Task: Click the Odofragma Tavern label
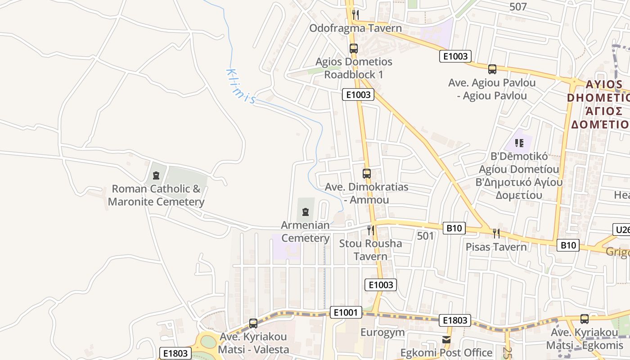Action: (355, 28)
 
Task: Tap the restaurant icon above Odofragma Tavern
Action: (355, 14)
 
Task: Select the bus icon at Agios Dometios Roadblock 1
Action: (354, 49)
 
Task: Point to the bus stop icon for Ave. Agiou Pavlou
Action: (492, 69)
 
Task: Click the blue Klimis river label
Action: (241, 86)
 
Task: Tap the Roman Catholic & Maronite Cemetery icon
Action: (156, 175)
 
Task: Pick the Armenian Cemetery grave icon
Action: (306, 211)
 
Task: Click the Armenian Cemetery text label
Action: (306, 231)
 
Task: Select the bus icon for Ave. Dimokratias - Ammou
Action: (367, 174)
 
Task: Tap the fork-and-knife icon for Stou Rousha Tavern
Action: (371, 230)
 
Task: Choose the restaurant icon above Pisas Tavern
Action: (496, 233)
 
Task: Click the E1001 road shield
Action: (346, 312)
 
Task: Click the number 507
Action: (518, 7)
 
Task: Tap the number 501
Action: (425, 236)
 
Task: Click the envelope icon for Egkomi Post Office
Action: (446, 340)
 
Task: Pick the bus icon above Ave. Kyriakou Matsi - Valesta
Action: (253, 324)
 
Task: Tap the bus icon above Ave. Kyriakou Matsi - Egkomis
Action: (585, 319)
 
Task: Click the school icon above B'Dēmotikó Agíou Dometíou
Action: (519, 143)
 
